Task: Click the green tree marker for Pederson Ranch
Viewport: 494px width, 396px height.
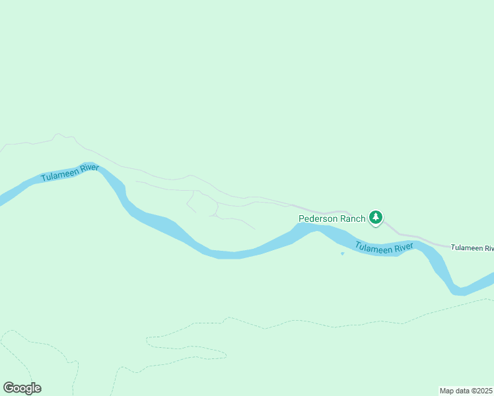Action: click(x=376, y=217)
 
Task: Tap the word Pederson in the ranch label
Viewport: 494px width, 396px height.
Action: click(x=319, y=218)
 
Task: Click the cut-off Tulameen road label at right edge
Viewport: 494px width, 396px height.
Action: click(x=472, y=247)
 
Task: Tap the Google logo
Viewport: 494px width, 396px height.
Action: click(x=22, y=388)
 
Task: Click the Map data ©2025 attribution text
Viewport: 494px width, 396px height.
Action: click(x=466, y=391)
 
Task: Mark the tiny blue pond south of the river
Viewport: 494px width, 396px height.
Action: click(x=342, y=253)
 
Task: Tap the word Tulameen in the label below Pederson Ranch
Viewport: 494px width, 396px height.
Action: click(x=374, y=247)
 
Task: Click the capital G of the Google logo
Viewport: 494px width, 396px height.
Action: click(x=8, y=388)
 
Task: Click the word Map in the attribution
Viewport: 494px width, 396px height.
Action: click(x=447, y=391)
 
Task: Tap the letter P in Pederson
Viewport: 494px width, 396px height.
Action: click(x=302, y=218)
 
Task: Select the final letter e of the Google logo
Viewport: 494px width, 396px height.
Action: click(x=37, y=389)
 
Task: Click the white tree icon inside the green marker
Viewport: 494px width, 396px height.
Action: click(x=376, y=216)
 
